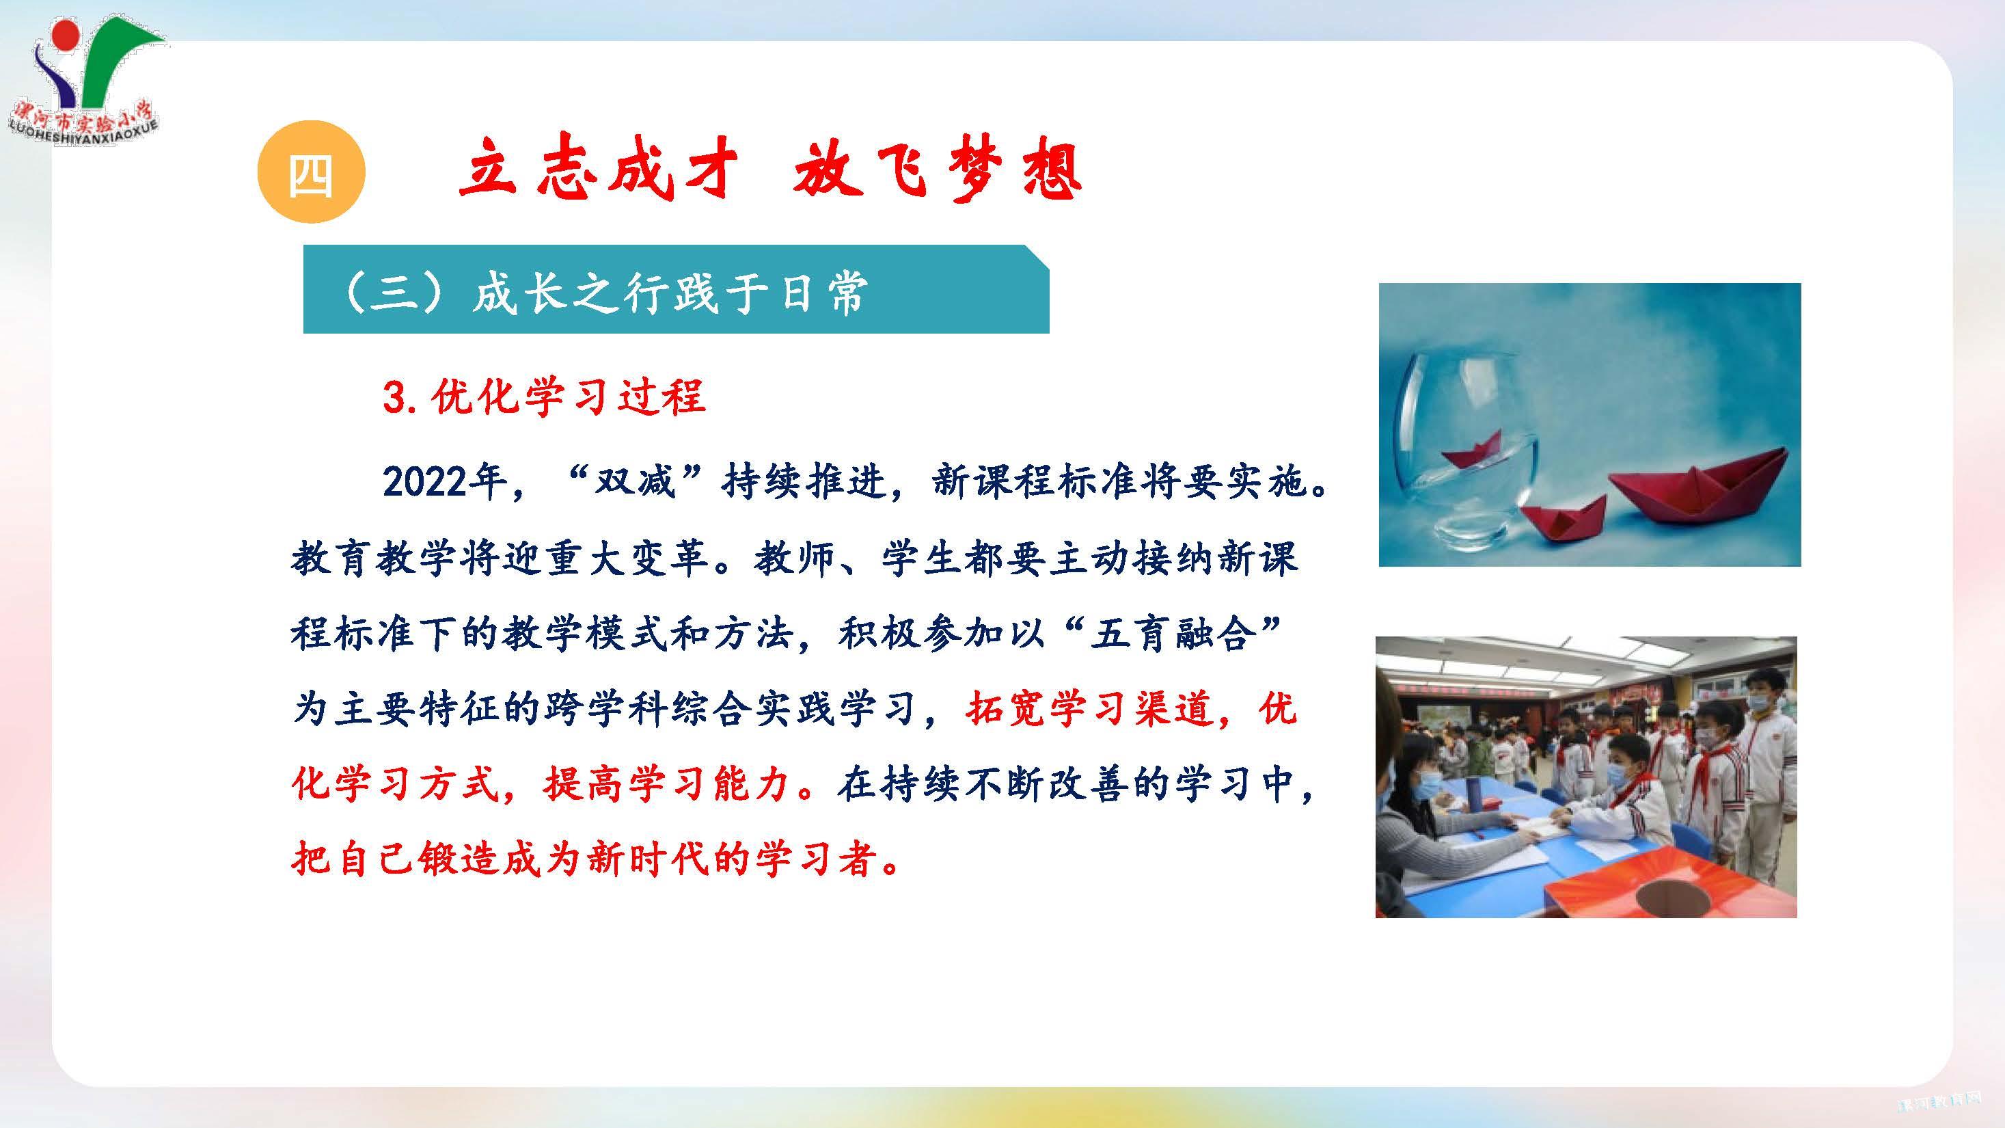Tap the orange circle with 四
click(310, 173)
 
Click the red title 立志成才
click(598, 170)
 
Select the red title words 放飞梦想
click(937, 170)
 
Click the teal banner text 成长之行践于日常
click(670, 293)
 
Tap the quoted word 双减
click(633, 482)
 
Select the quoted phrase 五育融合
click(1175, 634)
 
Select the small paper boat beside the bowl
click(1562, 518)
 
